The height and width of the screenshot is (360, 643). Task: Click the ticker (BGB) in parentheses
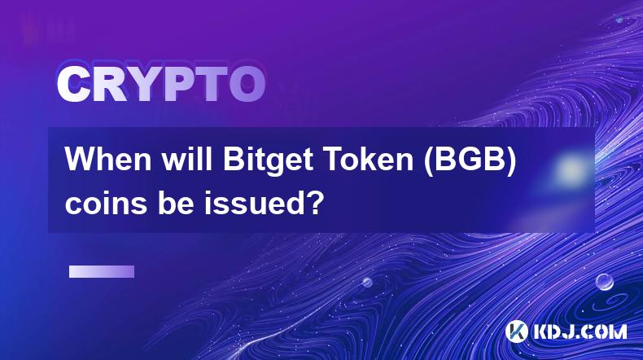point(470,160)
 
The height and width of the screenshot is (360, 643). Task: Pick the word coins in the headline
point(106,202)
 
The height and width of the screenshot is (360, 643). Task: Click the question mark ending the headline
point(314,201)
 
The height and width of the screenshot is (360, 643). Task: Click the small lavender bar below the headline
point(102,271)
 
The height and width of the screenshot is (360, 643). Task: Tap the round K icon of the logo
point(516,331)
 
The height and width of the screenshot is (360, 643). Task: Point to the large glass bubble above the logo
point(605,282)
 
